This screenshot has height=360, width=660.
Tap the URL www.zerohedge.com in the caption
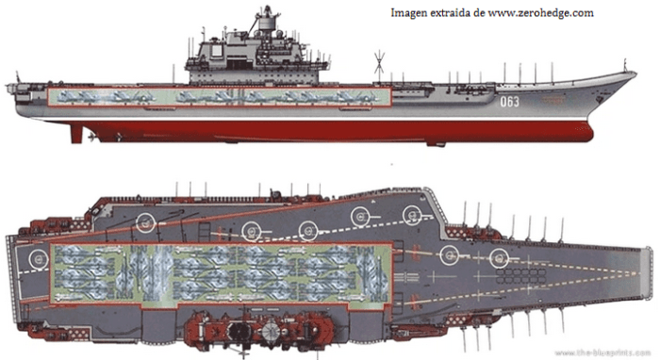coord(543,12)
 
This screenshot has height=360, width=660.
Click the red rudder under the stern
coord(75,133)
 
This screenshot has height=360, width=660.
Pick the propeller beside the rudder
coord(91,138)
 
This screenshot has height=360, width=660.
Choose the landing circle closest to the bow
coord(500,254)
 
